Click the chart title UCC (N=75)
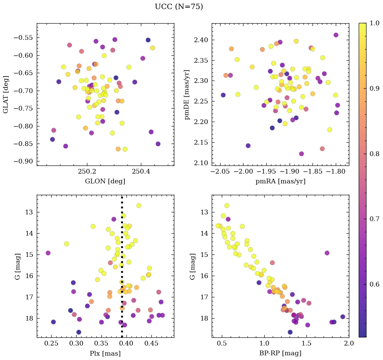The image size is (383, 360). (179, 7)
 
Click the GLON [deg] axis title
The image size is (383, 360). (105, 181)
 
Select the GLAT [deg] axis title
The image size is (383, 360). (6, 94)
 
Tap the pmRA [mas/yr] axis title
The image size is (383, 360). (280, 181)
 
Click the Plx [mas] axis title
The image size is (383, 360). (105, 353)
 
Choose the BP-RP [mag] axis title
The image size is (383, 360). (280, 353)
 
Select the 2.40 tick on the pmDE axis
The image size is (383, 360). (202, 40)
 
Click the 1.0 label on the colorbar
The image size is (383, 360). (374, 23)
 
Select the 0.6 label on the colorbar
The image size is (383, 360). (374, 284)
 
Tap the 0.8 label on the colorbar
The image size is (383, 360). (374, 154)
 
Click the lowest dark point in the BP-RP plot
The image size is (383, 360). (290, 332)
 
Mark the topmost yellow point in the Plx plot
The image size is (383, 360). (139, 205)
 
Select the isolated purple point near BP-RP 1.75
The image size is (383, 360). (327, 253)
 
